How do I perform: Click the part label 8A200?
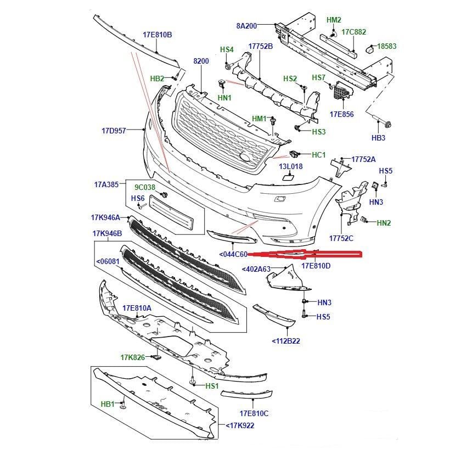[x=246, y=26]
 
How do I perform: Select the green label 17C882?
[x=353, y=32]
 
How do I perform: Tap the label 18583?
[x=386, y=46]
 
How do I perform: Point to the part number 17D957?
[x=114, y=131]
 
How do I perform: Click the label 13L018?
[x=291, y=166]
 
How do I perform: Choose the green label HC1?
[x=319, y=155]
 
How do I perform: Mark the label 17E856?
[x=341, y=114]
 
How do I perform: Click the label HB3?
[x=378, y=138]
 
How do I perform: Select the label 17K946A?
[x=105, y=217]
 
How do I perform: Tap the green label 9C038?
[x=145, y=187]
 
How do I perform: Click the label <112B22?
[x=286, y=341]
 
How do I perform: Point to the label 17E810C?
[x=254, y=413]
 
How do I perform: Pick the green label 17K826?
[x=133, y=357]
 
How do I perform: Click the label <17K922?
[x=240, y=425]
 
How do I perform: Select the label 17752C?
[x=341, y=238]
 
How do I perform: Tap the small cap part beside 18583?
[x=369, y=50]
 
